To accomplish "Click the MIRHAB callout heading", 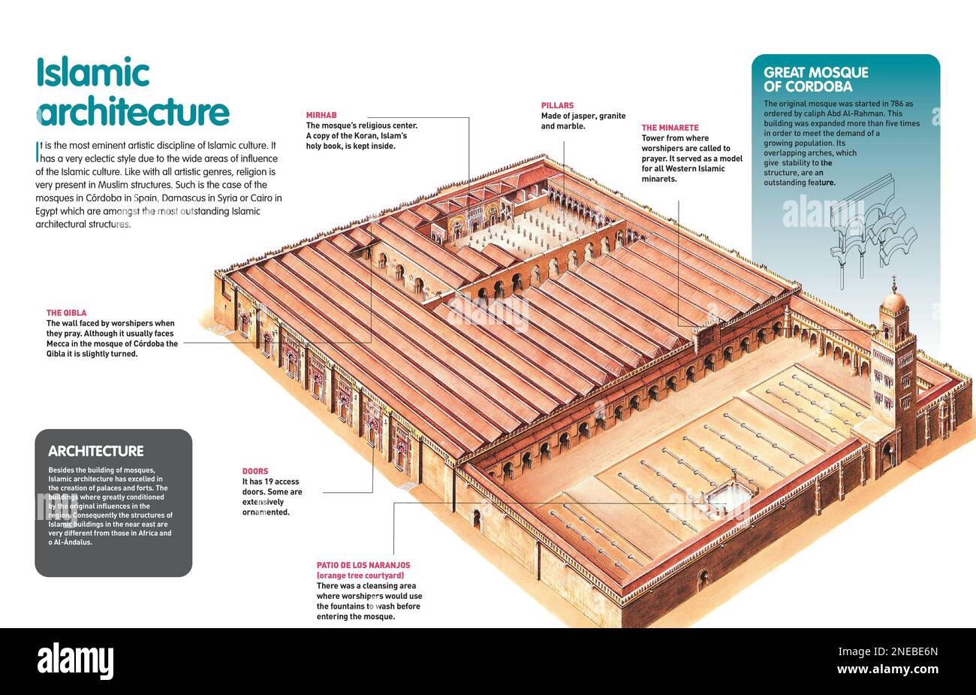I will pyautogui.click(x=321, y=115).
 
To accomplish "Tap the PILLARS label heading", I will pyautogui.click(x=557, y=106).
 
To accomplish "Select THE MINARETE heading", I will pyautogui.click(x=670, y=128).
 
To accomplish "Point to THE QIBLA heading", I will pyautogui.click(x=66, y=313).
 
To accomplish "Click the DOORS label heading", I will pyautogui.click(x=255, y=472).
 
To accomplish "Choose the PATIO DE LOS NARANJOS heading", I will pyautogui.click(x=363, y=565).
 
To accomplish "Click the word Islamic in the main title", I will pyautogui.click(x=93, y=74).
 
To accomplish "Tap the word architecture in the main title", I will pyautogui.click(x=133, y=112).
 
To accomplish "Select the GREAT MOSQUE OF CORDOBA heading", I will pyautogui.click(x=815, y=79).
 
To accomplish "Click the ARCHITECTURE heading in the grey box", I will pyautogui.click(x=95, y=452).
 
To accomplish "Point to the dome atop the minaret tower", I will pyautogui.click(x=893, y=301).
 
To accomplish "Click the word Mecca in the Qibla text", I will pyautogui.click(x=59, y=344).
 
